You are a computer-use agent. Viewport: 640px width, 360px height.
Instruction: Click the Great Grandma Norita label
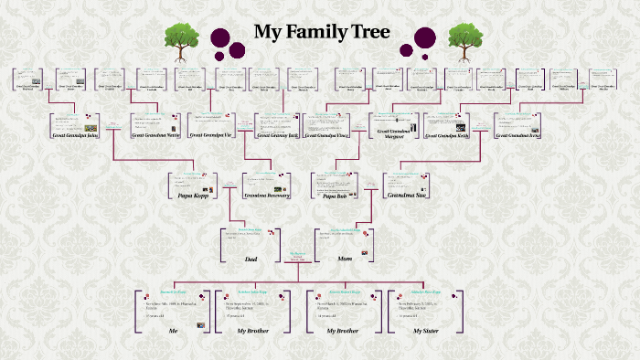pos(156,135)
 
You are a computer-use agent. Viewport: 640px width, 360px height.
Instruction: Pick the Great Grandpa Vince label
pos(327,135)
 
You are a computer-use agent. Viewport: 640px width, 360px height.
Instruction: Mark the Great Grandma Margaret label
pos(395,133)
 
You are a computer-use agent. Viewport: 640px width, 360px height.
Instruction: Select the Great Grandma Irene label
pos(519,135)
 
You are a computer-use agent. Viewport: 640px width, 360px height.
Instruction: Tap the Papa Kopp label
pos(193,196)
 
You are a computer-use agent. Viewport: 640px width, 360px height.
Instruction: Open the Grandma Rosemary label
pos(267,196)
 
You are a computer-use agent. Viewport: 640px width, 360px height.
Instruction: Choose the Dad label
pos(251,259)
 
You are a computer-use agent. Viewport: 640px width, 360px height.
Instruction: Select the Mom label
pos(345,259)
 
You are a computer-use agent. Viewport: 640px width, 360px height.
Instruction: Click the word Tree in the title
pos(369,32)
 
